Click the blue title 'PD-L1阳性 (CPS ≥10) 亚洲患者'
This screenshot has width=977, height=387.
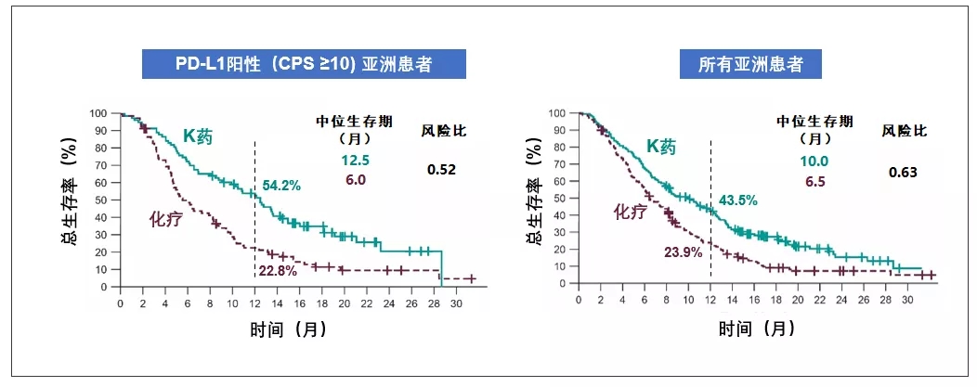click(304, 64)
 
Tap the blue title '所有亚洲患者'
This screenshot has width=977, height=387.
click(751, 64)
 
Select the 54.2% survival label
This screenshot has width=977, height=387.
click(280, 186)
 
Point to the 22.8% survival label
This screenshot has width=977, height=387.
click(278, 270)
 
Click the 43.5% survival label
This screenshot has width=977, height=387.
click(737, 200)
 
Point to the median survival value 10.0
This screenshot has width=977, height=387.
click(815, 161)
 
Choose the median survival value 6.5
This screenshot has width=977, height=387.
click(815, 181)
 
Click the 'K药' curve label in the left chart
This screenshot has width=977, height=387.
click(197, 137)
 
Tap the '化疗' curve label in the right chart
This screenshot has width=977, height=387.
click(628, 212)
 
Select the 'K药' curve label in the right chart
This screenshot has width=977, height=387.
click(663, 147)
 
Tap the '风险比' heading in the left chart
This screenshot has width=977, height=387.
click(444, 130)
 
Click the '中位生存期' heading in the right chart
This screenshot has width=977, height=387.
click(815, 121)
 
